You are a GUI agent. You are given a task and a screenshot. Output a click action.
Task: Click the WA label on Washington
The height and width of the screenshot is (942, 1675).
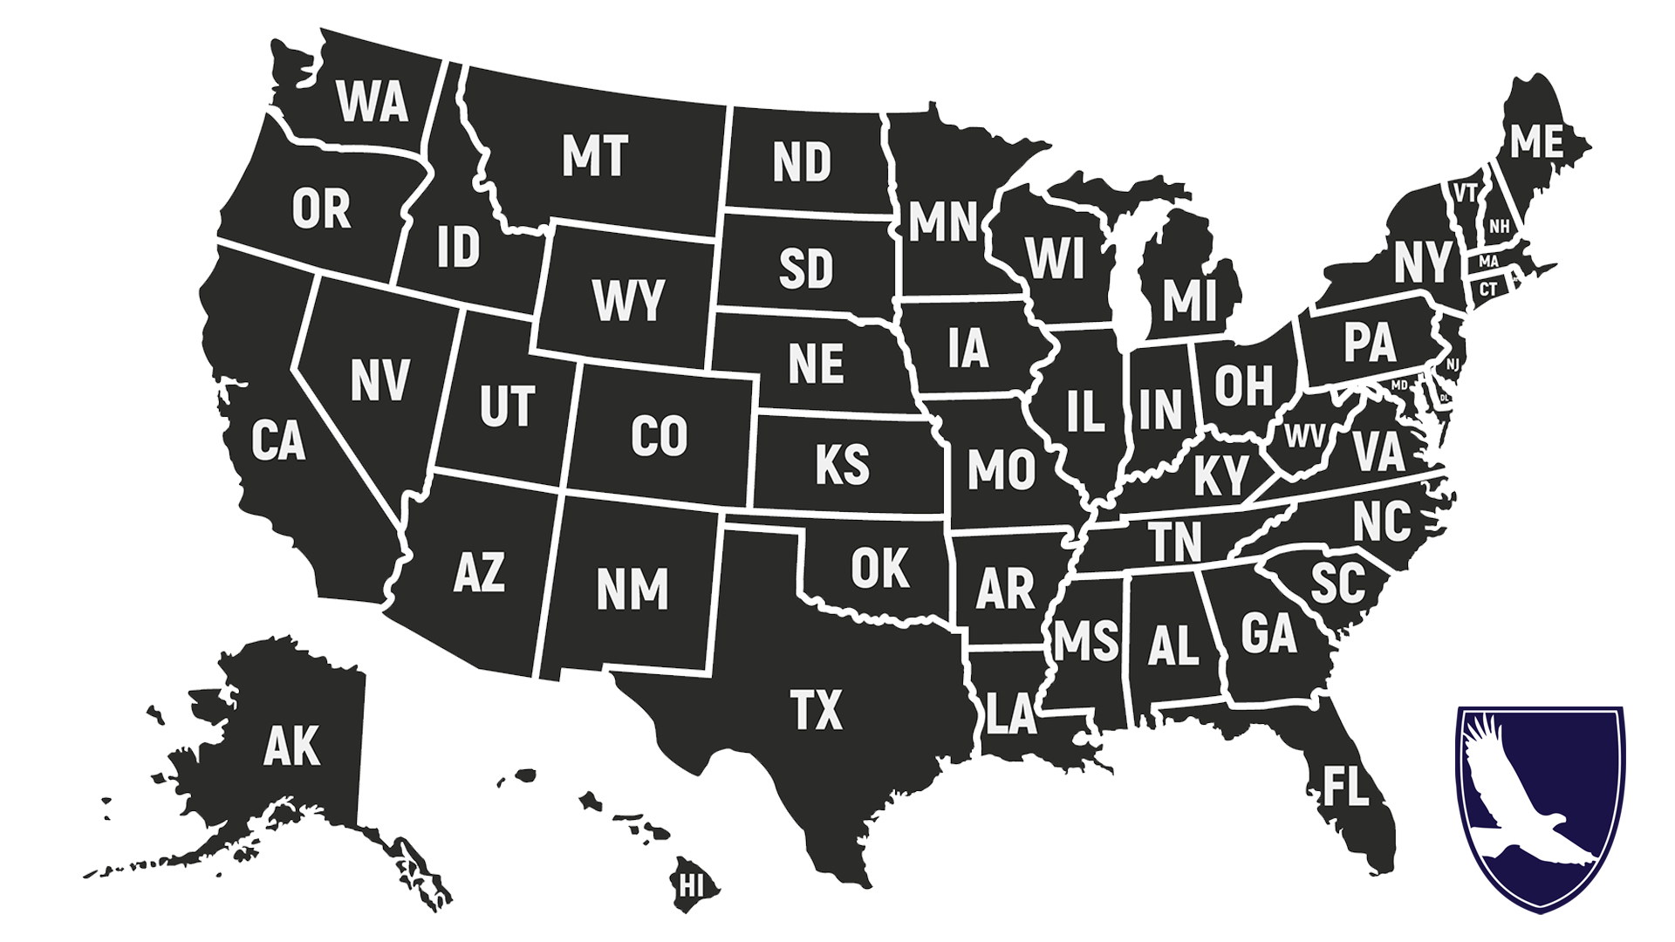click(373, 101)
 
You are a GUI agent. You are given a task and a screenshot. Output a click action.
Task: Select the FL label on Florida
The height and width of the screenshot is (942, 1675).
click(1345, 786)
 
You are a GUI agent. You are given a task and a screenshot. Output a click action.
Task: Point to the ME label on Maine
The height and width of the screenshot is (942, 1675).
click(1536, 141)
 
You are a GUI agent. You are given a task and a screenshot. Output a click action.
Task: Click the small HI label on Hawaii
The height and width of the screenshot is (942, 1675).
click(691, 886)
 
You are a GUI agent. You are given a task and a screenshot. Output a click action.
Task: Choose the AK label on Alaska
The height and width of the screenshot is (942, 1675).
click(291, 747)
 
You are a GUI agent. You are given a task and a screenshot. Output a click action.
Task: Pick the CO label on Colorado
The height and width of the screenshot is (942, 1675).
click(659, 436)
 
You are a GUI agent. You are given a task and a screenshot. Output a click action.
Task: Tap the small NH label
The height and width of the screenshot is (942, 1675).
click(1499, 227)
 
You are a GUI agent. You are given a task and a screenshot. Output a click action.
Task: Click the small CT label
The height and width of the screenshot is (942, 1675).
click(1488, 289)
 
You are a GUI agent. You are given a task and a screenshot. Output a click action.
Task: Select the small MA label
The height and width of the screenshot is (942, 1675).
click(1488, 262)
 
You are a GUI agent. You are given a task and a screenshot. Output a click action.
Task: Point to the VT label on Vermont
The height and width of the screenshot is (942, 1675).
click(1465, 192)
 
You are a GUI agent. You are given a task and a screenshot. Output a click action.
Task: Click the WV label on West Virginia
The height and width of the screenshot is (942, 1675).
click(1305, 435)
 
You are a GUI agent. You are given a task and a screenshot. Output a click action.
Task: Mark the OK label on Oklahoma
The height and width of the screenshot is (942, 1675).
click(879, 568)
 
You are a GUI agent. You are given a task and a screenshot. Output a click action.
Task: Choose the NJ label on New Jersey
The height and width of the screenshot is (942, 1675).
click(1452, 363)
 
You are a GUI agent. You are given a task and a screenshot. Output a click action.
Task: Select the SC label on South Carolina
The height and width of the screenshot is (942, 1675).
click(1337, 583)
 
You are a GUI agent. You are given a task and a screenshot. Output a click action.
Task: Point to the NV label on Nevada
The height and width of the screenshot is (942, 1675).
click(379, 380)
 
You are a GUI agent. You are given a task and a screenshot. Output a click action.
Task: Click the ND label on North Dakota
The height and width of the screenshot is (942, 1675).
click(802, 162)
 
